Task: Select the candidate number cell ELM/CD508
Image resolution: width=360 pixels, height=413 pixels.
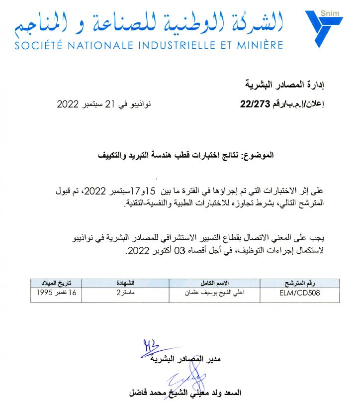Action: [297, 293]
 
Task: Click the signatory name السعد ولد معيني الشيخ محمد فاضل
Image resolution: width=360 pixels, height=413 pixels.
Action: [184, 392]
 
